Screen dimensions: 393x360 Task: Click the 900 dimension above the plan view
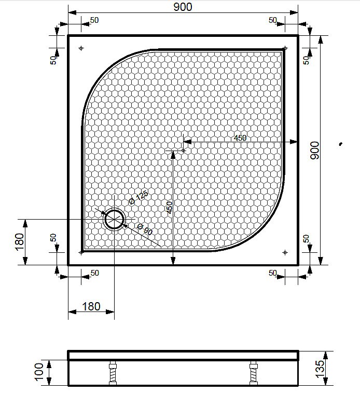(x=183, y=6)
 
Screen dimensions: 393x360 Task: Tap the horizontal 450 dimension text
(x=240, y=138)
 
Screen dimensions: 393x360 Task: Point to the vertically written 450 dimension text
(x=169, y=208)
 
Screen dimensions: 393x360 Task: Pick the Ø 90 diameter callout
(x=145, y=229)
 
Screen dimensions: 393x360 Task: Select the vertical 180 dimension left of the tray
(x=20, y=242)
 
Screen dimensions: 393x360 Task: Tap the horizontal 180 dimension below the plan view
(x=91, y=307)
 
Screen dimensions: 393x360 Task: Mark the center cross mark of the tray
(x=183, y=151)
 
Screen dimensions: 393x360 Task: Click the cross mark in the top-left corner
(x=81, y=48)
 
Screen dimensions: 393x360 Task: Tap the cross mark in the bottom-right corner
(x=285, y=252)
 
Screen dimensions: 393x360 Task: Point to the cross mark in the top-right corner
(x=285, y=48)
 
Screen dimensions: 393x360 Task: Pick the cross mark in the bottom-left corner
(x=81, y=252)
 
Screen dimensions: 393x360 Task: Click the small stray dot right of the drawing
(x=340, y=144)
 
